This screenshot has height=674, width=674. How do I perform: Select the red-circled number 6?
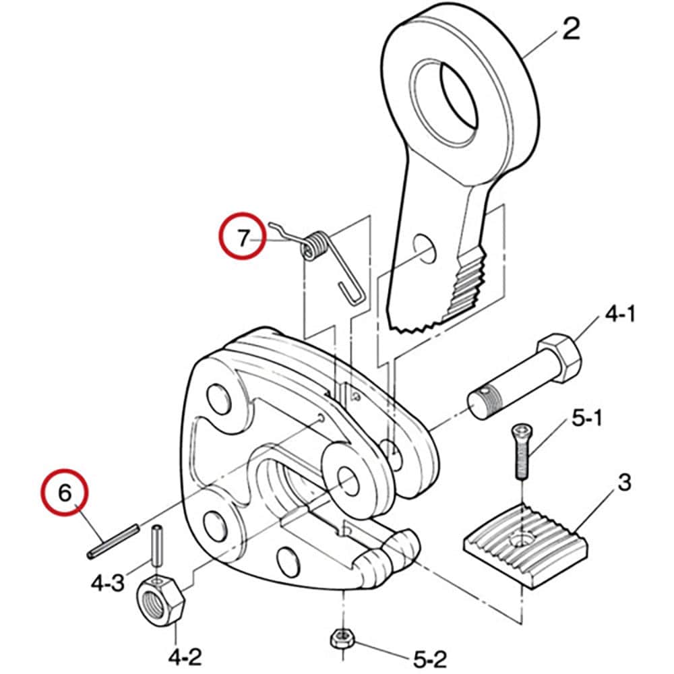(x=65, y=493)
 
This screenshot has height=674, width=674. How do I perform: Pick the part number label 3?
(x=624, y=483)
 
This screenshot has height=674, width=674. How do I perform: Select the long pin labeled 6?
(x=113, y=541)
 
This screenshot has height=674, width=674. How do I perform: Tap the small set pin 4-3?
(x=158, y=546)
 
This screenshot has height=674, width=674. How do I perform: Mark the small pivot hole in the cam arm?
(x=424, y=248)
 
